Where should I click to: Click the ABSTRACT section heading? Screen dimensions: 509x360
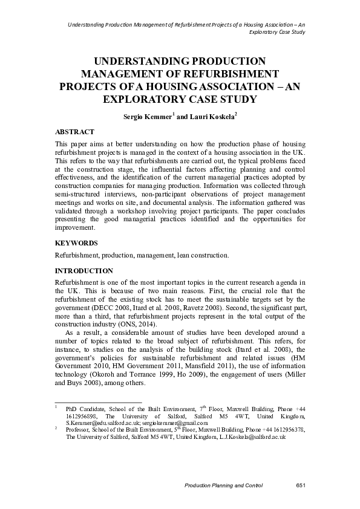74,131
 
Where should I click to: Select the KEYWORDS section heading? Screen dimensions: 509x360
76,242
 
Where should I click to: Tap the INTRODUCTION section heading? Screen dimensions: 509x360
83,270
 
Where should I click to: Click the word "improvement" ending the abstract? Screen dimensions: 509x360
75,229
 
